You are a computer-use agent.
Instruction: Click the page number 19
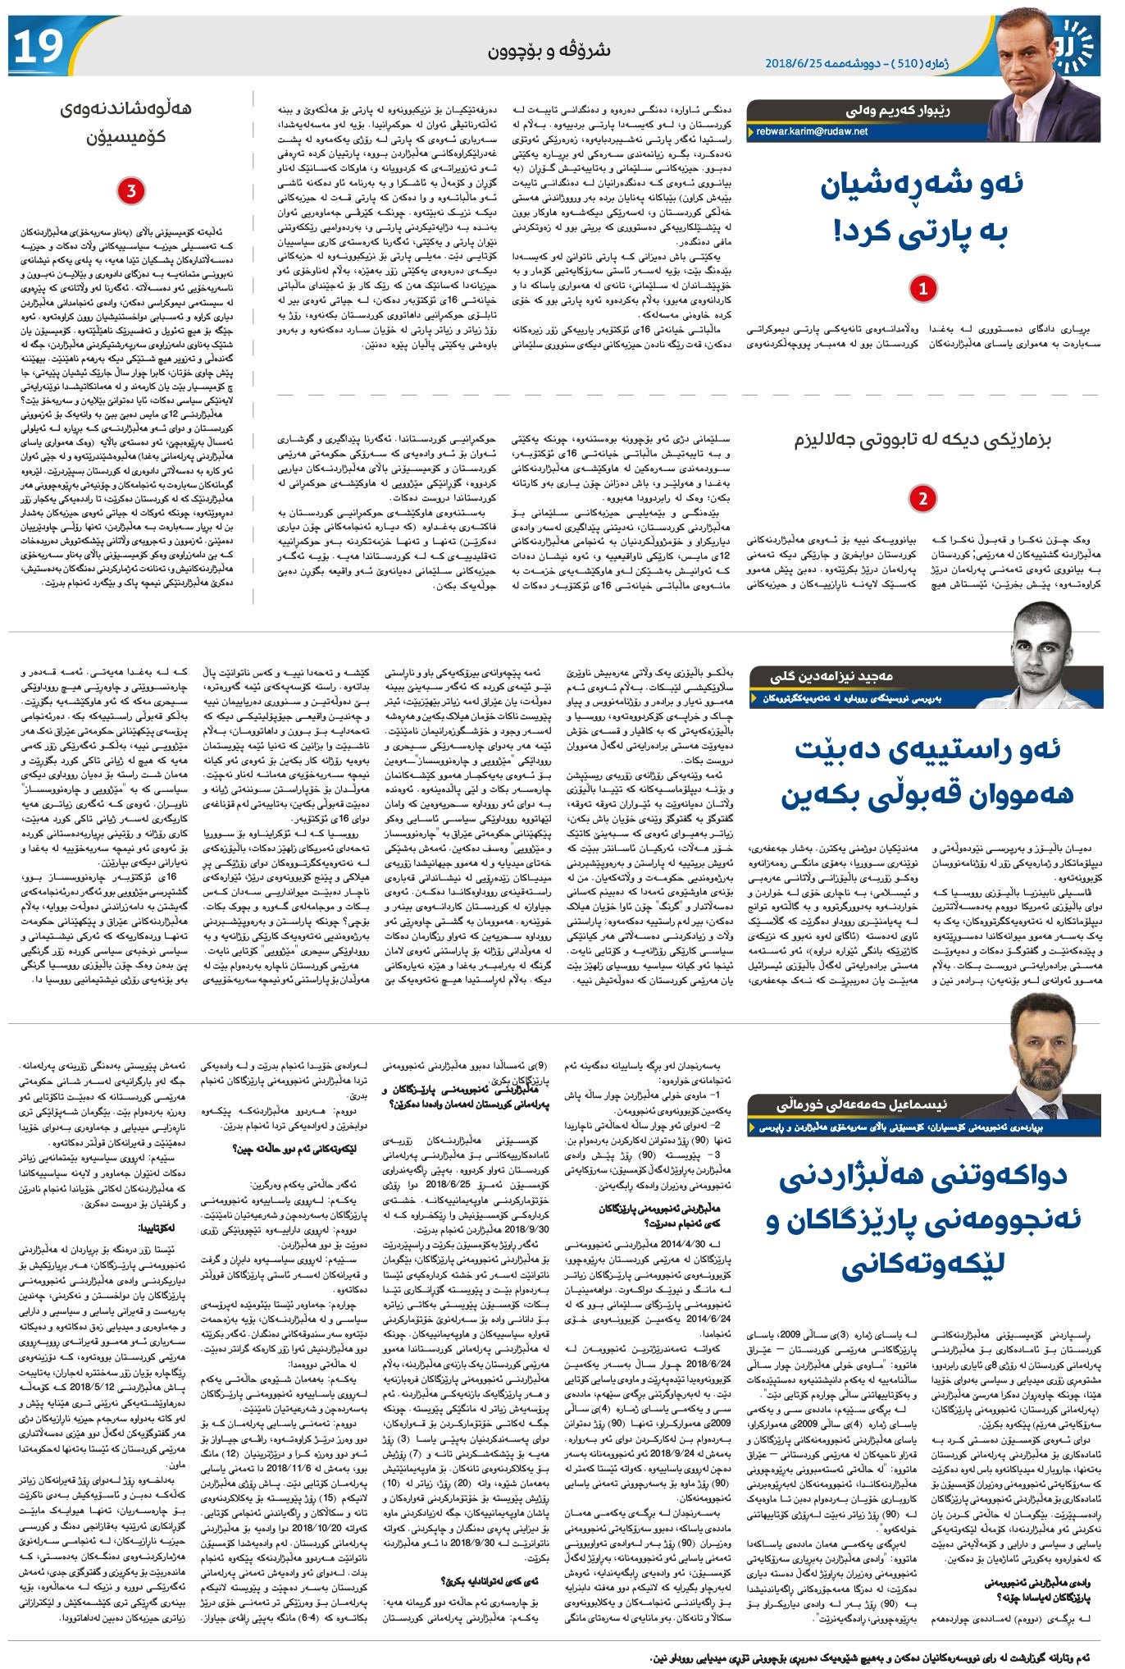(x=37, y=47)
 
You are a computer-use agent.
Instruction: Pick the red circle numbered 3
(x=130, y=191)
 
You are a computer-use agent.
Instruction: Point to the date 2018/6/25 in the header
(x=795, y=62)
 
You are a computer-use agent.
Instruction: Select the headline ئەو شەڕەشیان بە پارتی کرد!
(x=922, y=209)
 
